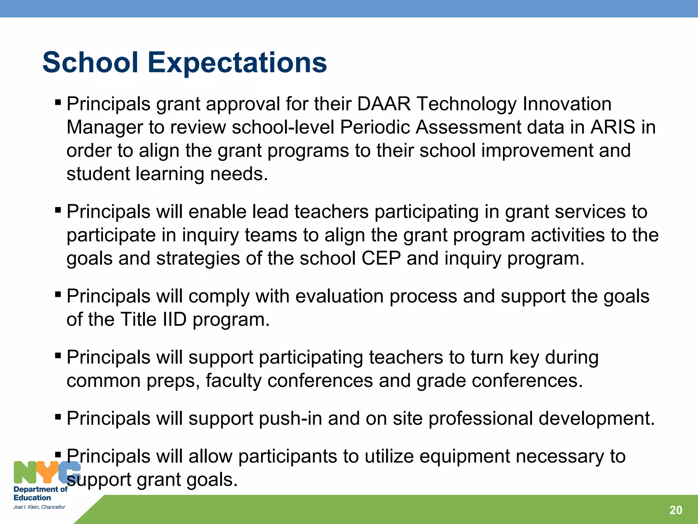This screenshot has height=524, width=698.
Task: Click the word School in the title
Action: coord(90,63)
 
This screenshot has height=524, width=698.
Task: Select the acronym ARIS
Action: coord(613,127)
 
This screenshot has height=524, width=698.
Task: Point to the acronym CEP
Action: coord(381,258)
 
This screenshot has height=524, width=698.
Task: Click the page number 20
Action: coord(676,510)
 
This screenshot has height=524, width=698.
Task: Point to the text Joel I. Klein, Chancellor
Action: coord(39,507)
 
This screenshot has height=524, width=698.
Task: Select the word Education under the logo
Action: coord(32,498)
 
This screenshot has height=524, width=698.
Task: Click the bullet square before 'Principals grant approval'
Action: coord(58,102)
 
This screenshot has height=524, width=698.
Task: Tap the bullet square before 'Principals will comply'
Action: coord(58,294)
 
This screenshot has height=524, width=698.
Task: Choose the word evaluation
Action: coord(339,296)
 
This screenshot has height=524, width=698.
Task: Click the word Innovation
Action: coord(567,104)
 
